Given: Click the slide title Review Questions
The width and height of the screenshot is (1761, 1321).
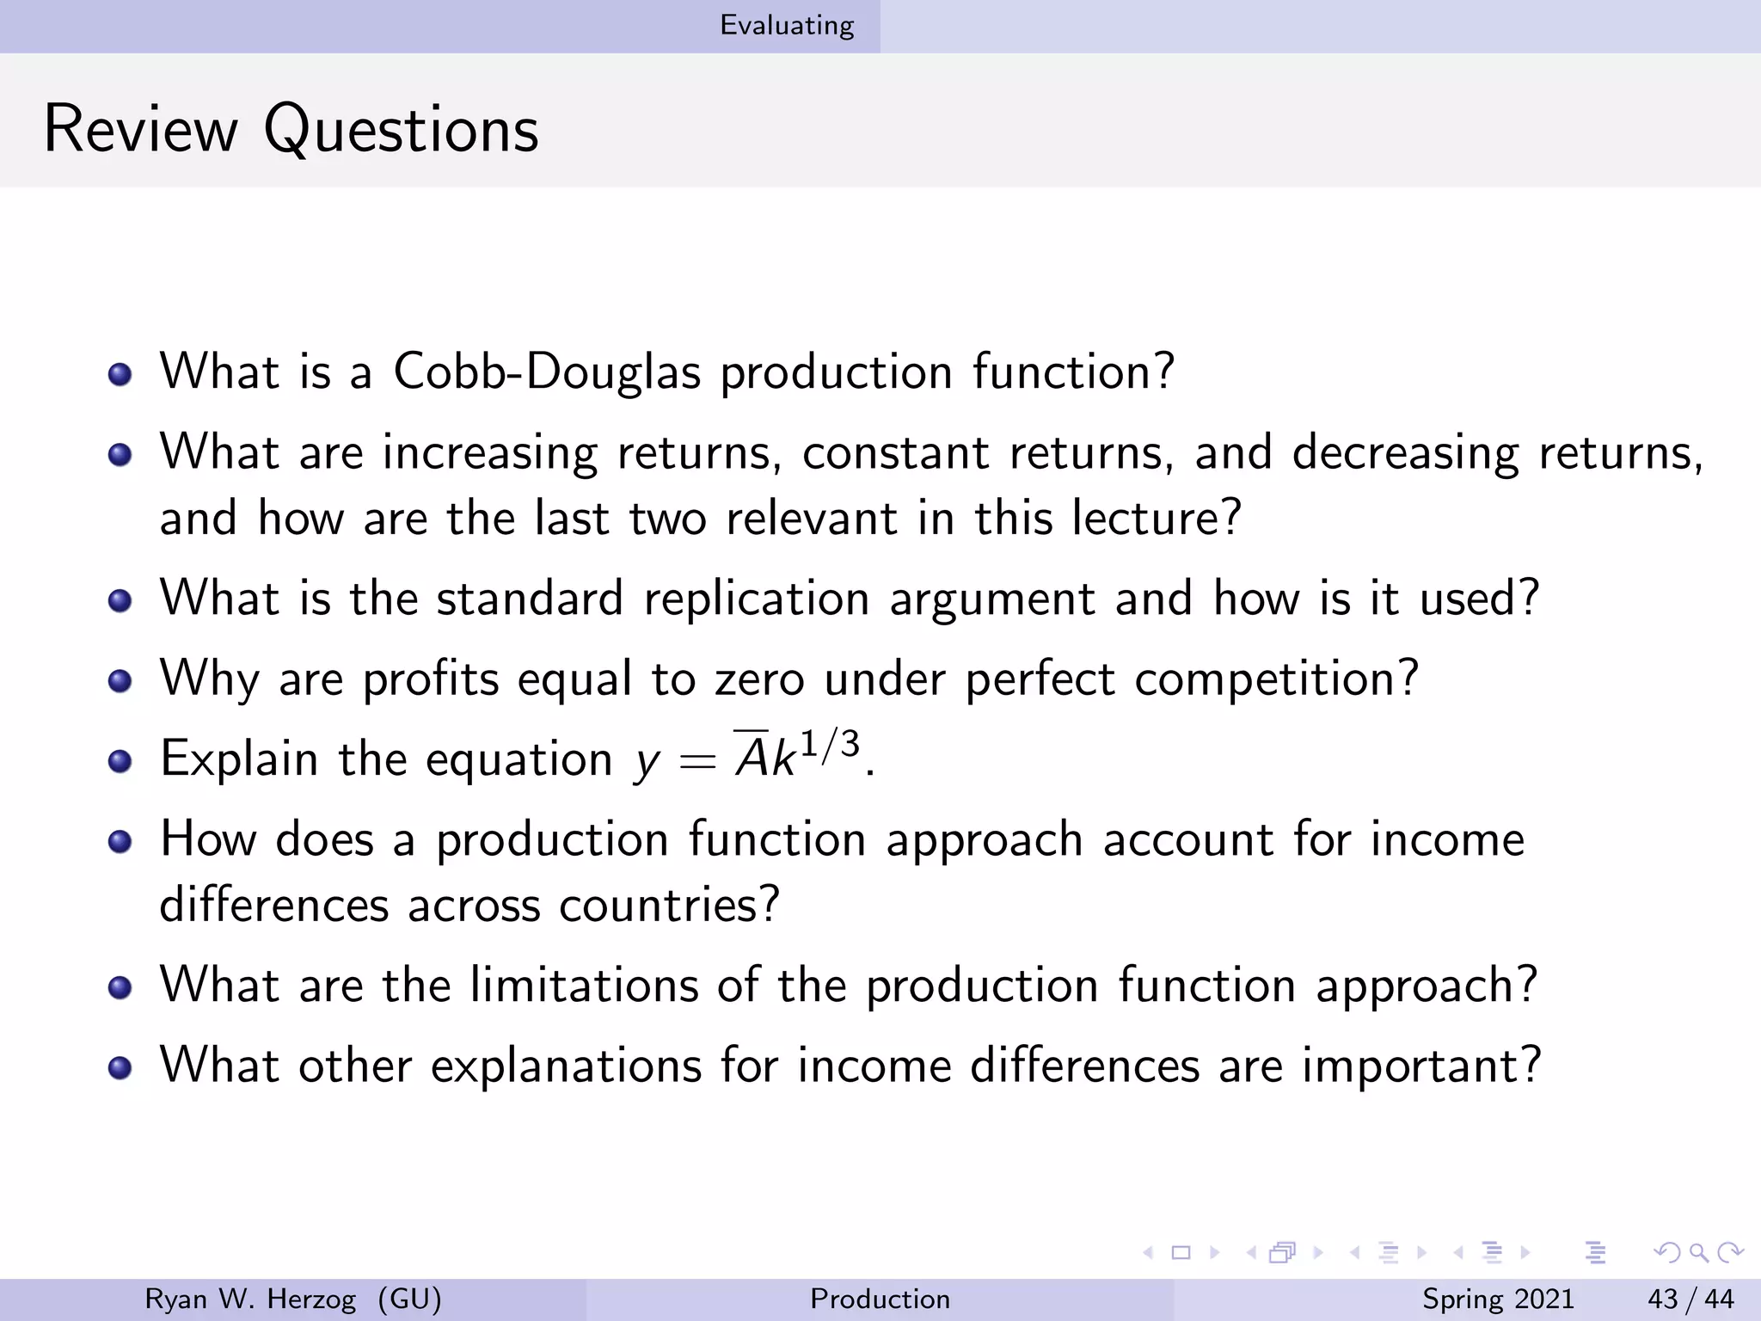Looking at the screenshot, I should [x=291, y=129].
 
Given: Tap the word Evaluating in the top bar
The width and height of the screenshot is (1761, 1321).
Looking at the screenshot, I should [x=787, y=26].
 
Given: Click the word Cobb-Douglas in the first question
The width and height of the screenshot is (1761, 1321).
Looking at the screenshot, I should [x=547, y=372].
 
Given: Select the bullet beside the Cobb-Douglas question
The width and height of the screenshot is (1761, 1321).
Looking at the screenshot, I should [x=120, y=375].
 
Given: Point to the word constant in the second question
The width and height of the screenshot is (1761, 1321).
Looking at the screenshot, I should [x=895, y=453].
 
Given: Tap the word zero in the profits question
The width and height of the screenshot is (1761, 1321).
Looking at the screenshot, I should [x=758, y=679].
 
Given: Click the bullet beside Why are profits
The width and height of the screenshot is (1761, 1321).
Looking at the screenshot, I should [x=120, y=682].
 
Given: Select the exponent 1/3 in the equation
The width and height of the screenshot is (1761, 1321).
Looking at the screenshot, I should [x=829, y=745].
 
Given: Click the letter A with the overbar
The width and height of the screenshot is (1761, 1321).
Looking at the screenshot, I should [x=752, y=758].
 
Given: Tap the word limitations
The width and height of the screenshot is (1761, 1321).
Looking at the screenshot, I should [x=584, y=985].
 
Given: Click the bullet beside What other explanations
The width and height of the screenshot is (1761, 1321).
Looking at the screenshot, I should [x=120, y=1068].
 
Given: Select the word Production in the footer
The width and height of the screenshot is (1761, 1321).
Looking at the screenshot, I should [x=880, y=1299].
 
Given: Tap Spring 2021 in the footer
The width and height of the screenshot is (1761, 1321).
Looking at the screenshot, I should [x=1498, y=1299].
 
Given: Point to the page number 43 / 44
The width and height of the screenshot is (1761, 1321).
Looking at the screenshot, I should [x=1690, y=1299].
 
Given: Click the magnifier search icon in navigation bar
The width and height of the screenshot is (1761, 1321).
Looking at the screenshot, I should [x=1697, y=1253].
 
